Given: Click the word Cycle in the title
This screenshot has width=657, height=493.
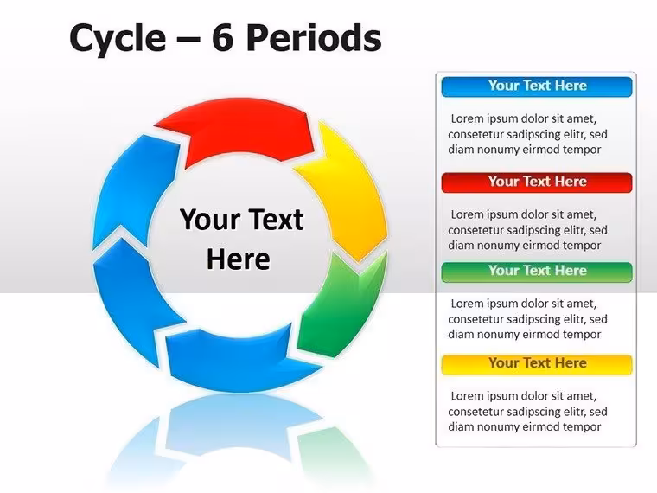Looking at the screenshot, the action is point(118,38).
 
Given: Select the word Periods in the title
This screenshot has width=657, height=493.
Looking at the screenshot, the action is point(314,37).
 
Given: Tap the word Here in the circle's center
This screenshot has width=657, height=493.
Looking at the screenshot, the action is point(239,259).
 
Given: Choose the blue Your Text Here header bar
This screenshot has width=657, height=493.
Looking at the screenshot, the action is point(537,86).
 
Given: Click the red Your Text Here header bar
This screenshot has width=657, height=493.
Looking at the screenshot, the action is point(537,182).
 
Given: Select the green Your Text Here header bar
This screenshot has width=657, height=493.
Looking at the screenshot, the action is point(537,272).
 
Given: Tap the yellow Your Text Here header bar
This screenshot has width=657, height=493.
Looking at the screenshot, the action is point(537,364).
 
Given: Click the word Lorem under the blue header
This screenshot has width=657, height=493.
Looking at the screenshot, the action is point(467,118).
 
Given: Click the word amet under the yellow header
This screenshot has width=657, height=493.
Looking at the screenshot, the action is point(580,397).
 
